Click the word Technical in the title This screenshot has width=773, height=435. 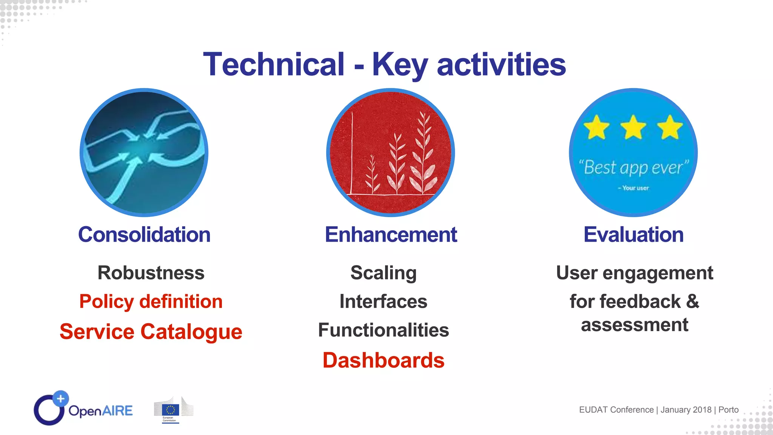274,65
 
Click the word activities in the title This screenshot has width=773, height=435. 501,65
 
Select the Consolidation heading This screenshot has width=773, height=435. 144,234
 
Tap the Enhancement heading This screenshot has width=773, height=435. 391,234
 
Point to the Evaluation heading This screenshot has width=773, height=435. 633,234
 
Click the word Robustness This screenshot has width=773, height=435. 151,273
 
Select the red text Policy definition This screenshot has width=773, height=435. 151,302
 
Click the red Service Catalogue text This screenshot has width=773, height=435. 151,332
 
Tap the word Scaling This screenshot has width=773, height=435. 383,273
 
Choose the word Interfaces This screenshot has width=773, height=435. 383,302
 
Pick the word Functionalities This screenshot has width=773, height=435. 383,330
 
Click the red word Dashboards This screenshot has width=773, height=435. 383,360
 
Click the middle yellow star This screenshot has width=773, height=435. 633,128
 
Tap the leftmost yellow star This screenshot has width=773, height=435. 597,128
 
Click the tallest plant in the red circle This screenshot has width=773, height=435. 423,155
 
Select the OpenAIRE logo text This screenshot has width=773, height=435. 101,411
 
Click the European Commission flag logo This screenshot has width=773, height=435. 171,410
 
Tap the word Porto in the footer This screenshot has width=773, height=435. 728,410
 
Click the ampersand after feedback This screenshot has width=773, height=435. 693,302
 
